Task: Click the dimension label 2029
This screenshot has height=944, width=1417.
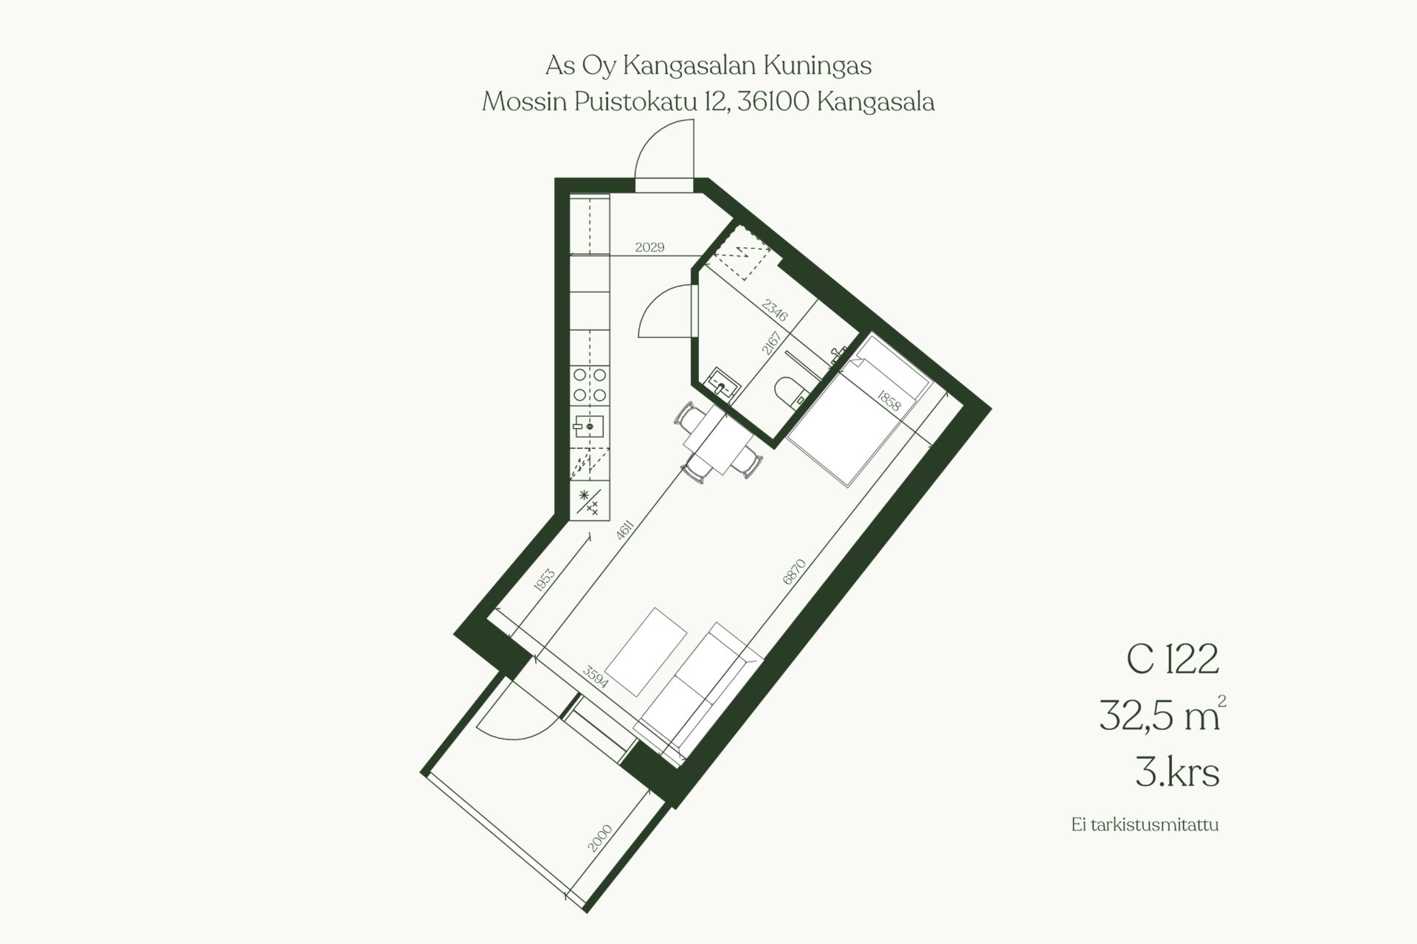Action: (649, 247)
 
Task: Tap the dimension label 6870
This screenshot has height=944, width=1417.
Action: (794, 572)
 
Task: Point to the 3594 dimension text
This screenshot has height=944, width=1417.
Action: (595, 677)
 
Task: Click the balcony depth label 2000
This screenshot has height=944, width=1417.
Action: (600, 838)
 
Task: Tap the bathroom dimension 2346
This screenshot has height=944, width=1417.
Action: (775, 310)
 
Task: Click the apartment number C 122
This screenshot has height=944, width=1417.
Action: (1172, 659)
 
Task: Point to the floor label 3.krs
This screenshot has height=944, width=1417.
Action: (1177, 773)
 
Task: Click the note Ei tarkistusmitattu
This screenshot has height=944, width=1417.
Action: (1145, 824)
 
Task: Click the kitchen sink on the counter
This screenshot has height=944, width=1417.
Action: (590, 427)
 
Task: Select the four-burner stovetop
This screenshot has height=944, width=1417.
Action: (590, 385)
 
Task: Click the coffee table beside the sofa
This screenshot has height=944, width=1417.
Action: (646, 652)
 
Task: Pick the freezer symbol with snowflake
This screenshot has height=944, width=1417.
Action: (590, 501)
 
